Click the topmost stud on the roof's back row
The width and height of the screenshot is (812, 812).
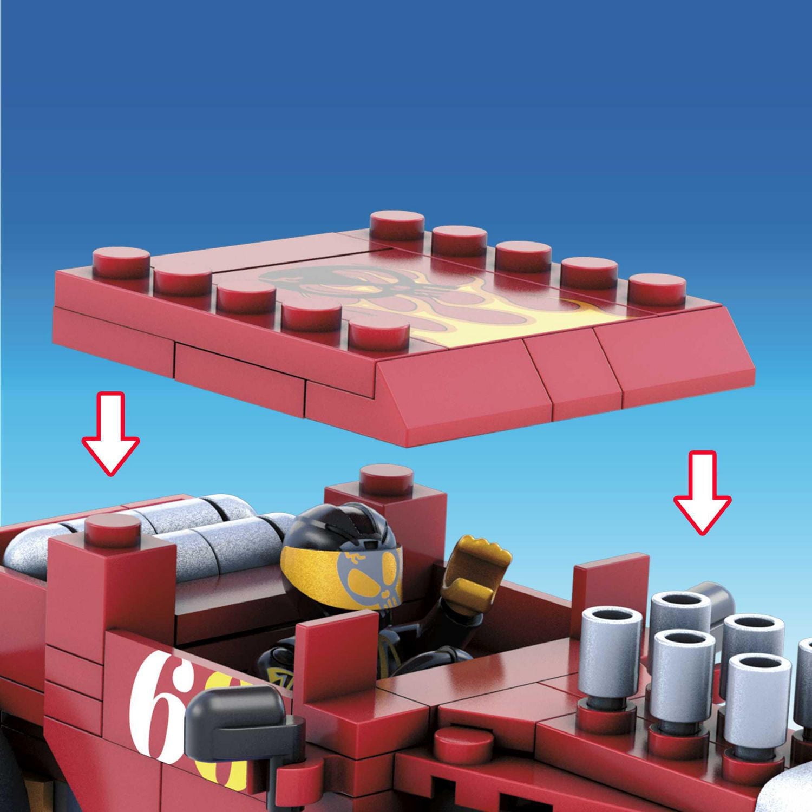[397, 224]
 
